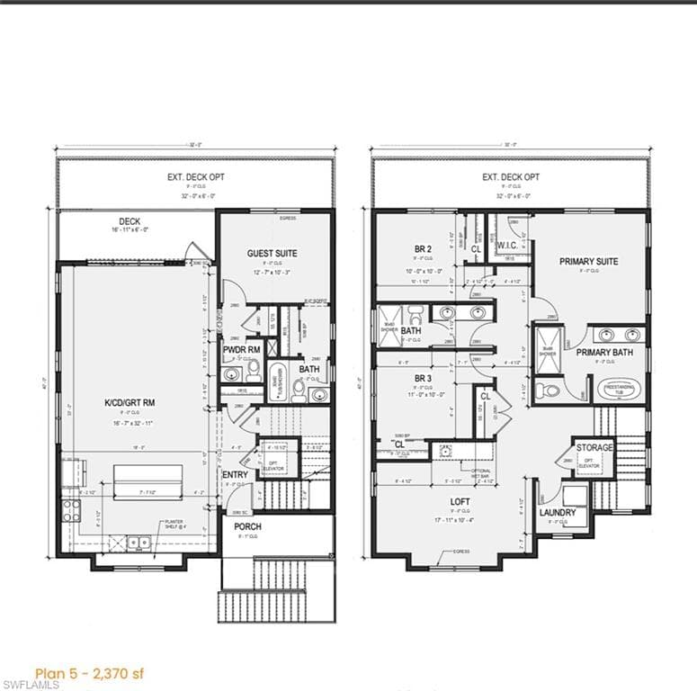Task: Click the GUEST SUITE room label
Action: pyautogui.click(x=272, y=254)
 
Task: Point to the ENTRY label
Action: pyautogui.click(x=235, y=475)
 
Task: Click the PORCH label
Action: pyautogui.click(x=247, y=526)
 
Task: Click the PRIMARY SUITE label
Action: pyautogui.click(x=588, y=262)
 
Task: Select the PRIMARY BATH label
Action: pyautogui.click(x=603, y=352)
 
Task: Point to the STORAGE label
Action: pyautogui.click(x=594, y=447)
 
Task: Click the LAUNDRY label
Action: pyautogui.click(x=558, y=513)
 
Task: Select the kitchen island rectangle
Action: pyautogui.click(x=146, y=480)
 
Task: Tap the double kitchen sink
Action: pyautogui.click(x=139, y=543)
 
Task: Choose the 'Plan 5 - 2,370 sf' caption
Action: pyautogui.click(x=88, y=673)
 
